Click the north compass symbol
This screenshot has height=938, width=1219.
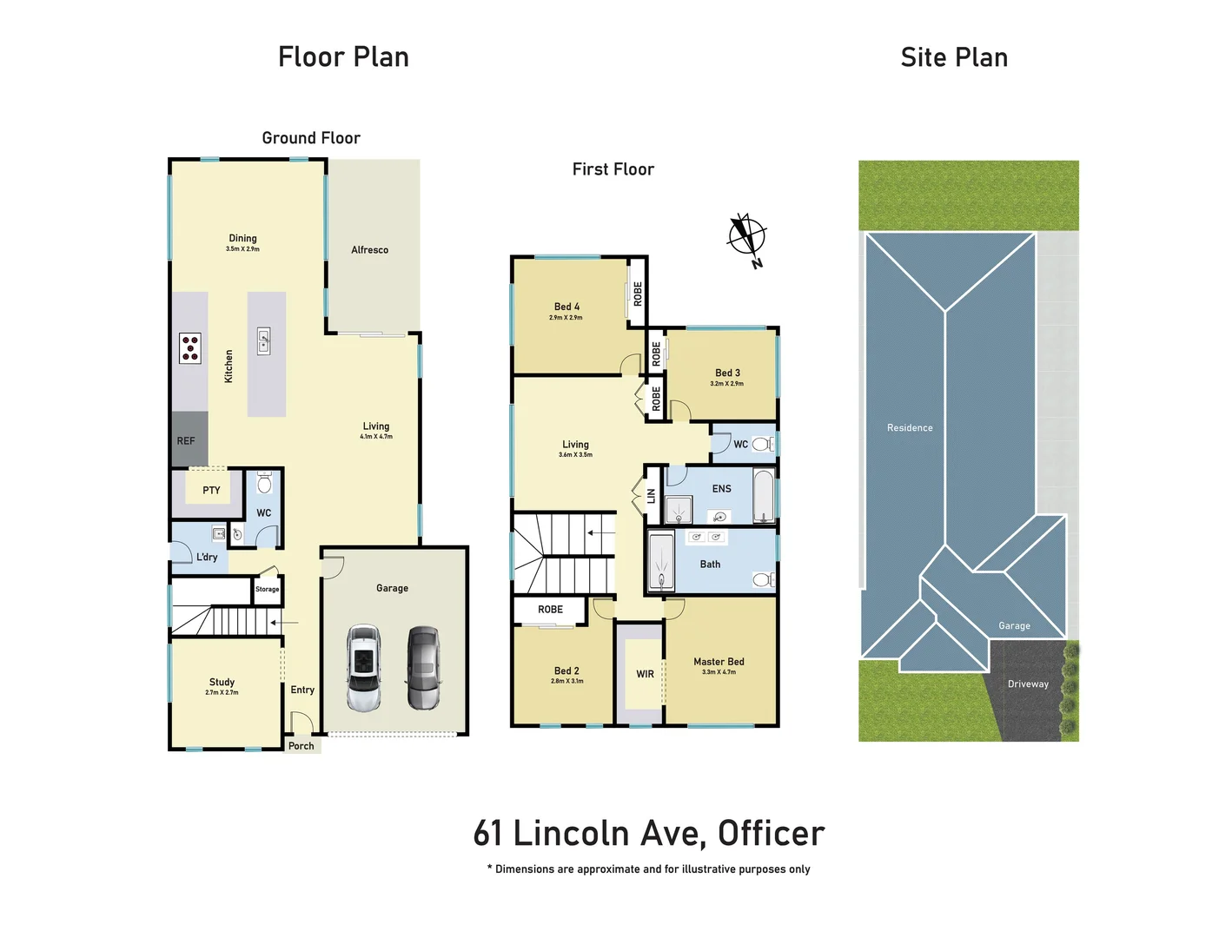[x=746, y=236]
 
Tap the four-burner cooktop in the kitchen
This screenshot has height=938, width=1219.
[x=190, y=348]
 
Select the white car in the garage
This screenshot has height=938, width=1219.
[x=363, y=667]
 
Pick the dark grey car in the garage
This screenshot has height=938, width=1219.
[x=424, y=667]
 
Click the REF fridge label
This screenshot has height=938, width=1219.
[x=186, y=441]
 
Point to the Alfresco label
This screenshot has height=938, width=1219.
[x=369, y=250]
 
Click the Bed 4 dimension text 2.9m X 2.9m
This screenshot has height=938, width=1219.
[x=566, y=318]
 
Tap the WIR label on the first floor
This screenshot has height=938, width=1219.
[x=645, y=674]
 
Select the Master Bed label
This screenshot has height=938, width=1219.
[x=719, y=662]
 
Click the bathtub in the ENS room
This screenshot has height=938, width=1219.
[x=764, y=496]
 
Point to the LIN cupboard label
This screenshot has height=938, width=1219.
[x=652, y=496]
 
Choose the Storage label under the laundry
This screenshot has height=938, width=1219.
[x=268, y=590]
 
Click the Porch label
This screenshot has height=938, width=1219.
[x=301, y=746]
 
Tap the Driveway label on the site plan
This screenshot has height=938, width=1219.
[x=1028, y=684]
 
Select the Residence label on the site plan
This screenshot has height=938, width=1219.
[x=910, y=428]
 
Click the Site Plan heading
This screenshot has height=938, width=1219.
[x=954, y=57]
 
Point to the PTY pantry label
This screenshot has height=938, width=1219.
[x=211, y=491]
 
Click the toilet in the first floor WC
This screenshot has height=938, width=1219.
[x=761, y=445]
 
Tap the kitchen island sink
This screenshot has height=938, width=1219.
[x=264, y=340]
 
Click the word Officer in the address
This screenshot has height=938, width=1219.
[x=771, y=834]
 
